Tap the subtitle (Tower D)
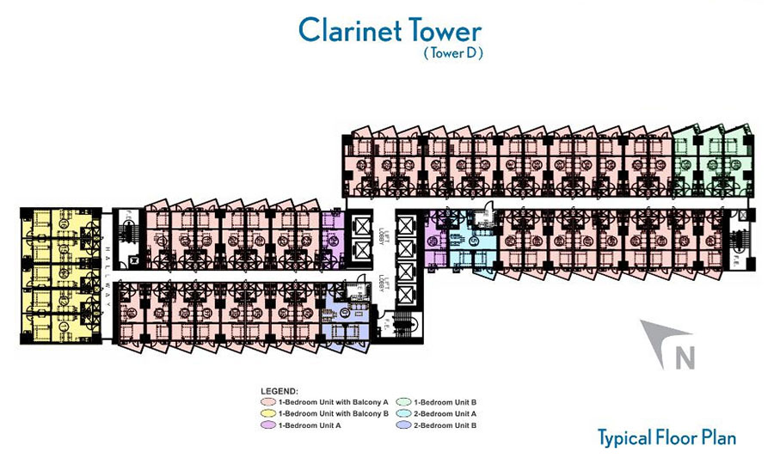point(452,53)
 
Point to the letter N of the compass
point(684,357)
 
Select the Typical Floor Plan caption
point(667,437)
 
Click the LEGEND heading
point(279,391)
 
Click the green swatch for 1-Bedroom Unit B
point(404,401)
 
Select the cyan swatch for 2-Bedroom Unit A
point(404,413)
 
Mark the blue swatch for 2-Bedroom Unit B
point(404,425)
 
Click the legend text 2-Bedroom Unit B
point(445,425)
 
